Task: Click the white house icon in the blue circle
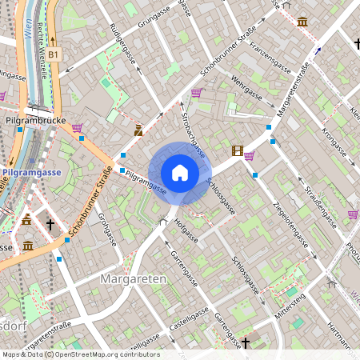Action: pyautogui.click(x=180, y=172)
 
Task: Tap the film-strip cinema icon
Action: pyautogui.click(x=237, y=150)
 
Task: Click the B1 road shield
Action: pyautogui.click(x=54, y=54)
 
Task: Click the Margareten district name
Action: pyautogui.click(x=134, y=278)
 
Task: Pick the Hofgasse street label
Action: pyautogui.click(x=185, y=229)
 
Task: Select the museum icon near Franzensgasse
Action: pyautogui.click(x=302, y=22)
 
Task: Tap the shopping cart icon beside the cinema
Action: pyautogui.click(x=249, y=156)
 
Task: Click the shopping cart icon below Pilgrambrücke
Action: pyautogui.click(x=77, y=127)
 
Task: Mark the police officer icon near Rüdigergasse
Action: pyautogui.click(x=138, y=129)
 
